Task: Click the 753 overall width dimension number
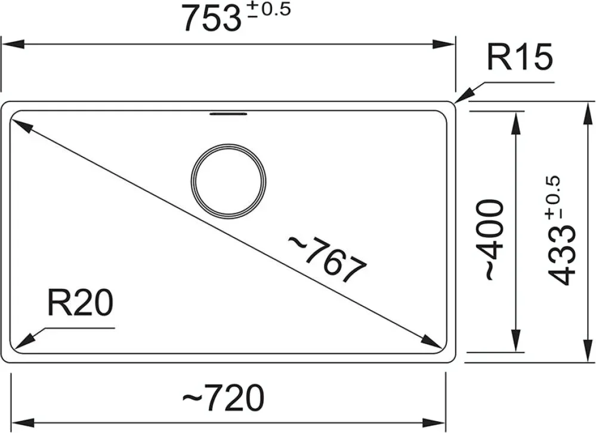tap(211, 19)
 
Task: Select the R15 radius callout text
tap(520, 57)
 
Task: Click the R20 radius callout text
tap(80, 303)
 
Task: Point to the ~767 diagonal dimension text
tap(326, 259)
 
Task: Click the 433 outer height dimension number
tap(561, 258)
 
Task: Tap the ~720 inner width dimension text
tap(223, 398)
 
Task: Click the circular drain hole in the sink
tap(229, 181)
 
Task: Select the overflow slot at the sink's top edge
tap(229, 114)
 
